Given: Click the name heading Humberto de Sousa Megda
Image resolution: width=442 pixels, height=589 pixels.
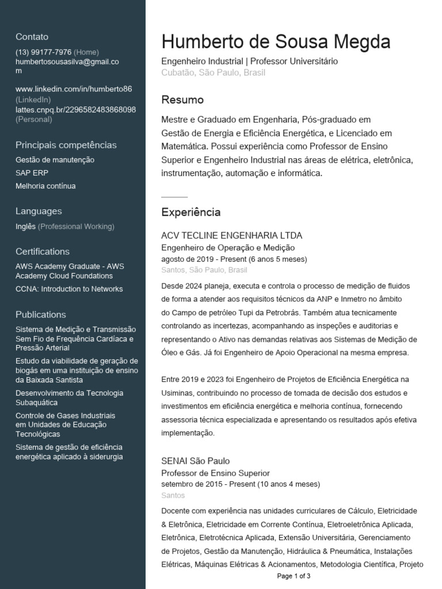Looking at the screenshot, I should click(276, 42).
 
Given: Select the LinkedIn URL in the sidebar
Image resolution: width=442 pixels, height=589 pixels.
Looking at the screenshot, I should click(74, 89).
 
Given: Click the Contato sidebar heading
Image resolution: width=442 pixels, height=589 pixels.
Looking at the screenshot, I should click(32, 37).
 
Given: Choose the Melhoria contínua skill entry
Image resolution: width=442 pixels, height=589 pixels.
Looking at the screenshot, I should click(45, 186).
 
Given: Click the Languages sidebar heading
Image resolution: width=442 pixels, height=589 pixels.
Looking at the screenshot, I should click(39, 211).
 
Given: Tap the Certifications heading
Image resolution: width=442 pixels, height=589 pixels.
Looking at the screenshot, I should click(43, 251).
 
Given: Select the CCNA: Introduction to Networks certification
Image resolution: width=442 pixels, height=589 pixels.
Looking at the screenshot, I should click(69, 289).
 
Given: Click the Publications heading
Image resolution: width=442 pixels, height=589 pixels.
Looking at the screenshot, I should click(41, 314).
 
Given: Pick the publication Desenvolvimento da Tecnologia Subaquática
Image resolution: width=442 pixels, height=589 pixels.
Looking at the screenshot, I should click(69, 397).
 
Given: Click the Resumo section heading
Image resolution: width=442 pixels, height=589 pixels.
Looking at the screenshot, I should click(182, 100).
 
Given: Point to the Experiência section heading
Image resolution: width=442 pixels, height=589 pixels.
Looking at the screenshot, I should click(190, 212).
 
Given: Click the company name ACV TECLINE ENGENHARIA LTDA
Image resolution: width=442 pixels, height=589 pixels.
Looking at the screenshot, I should click(231, 236).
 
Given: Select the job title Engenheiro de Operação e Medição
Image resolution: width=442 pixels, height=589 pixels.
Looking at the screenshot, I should click(228, 247).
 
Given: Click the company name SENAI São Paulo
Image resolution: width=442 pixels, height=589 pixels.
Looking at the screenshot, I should click(195, 461).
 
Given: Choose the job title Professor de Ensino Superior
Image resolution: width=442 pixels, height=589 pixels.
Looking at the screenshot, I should click(215, 473).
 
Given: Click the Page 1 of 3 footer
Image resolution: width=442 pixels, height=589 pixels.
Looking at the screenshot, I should click(294, 576).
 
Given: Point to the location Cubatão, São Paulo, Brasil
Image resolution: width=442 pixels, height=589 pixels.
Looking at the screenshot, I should click(213, 73).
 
